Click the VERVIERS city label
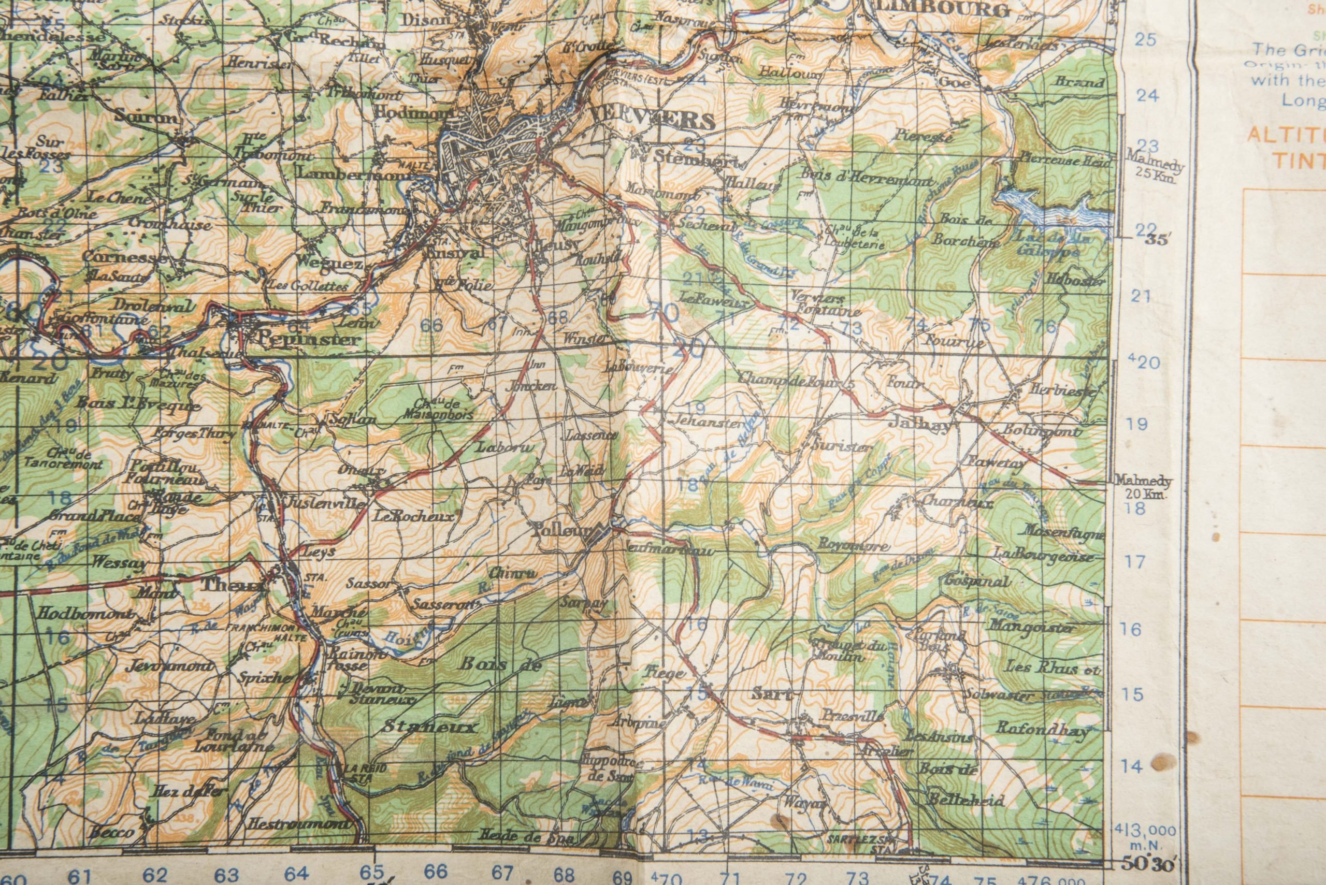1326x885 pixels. pyautogui.click(x=652, y=120)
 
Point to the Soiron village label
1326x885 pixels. pyautogui.click(x=146, y=118)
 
